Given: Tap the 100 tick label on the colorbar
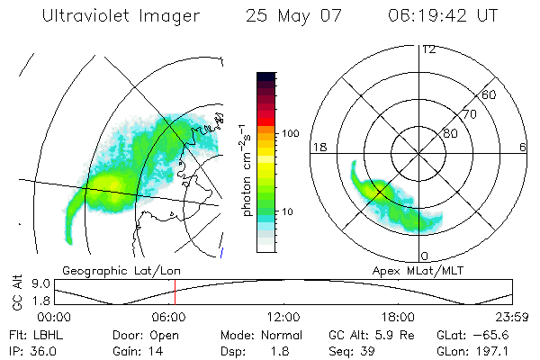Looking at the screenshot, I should [289, 133].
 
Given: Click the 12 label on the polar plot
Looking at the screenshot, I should [428, 49].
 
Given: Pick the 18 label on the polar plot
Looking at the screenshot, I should [319, 147].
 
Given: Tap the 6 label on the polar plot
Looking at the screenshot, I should [523, 147].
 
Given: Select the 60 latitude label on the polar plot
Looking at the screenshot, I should [490, 94].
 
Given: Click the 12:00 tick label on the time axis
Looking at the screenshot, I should [283, 317].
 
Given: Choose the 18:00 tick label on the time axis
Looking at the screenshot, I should [398, 317].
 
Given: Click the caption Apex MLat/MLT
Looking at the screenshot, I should [410, 270].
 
